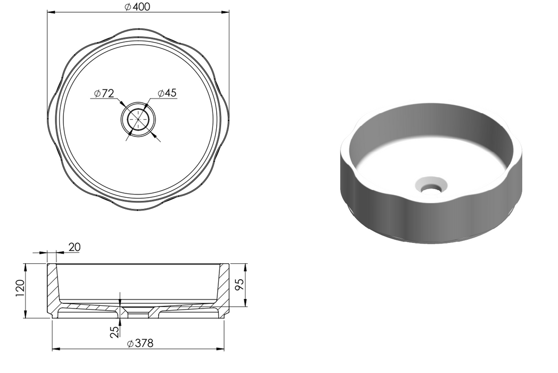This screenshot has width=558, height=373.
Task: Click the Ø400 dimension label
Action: [x=138, y=6]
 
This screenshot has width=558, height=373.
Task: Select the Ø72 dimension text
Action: [x=104, y=93]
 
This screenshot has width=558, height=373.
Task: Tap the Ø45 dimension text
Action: [x=167, y=93]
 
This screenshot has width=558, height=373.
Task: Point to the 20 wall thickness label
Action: [x=75, y=247]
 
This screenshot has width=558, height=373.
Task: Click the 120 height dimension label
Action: [x=20, y=288]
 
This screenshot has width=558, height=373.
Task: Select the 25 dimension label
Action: [x=114, y=332]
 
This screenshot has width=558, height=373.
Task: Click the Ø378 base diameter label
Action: [x=141, y=343]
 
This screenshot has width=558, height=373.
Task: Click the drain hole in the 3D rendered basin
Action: [x=431, y=187]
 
